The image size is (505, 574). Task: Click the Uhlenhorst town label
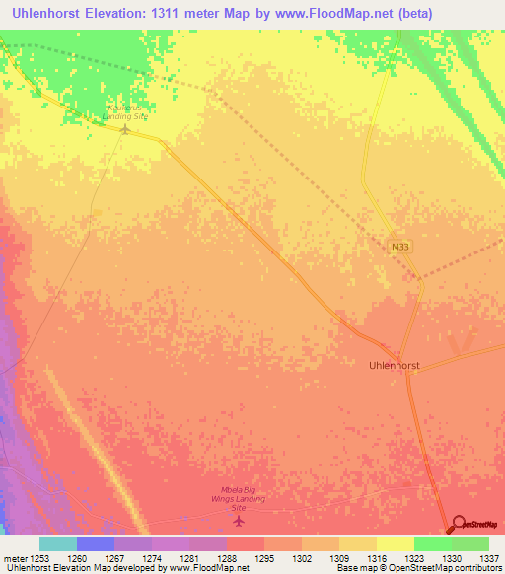tap(394, 365)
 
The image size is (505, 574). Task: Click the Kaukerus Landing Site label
tap(124, 110)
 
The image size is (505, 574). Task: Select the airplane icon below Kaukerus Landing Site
tap(125, 129)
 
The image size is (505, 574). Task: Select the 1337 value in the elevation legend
tap(489, 559)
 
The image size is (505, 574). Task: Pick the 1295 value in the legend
tap(264, 559)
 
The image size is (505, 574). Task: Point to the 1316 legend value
tap(377, 559)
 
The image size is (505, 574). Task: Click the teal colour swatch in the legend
tap(58, 543)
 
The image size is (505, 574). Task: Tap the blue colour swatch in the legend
tap(96, 543)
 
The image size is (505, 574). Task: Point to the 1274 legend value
tap(152, 559)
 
